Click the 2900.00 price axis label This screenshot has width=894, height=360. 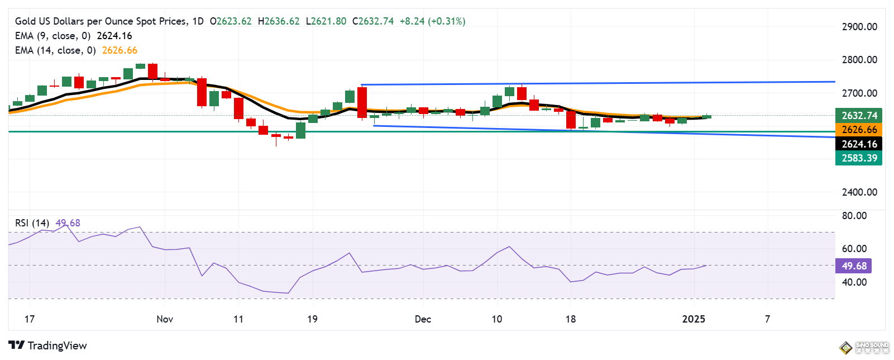coord(859,27)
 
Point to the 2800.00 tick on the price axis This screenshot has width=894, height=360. coord(859,60)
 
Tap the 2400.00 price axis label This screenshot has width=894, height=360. coord(859,192)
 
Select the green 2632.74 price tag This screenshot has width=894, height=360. coord(859,116)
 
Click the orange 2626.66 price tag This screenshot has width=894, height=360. coord(859,130)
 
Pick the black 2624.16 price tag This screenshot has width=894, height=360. coord(859,144)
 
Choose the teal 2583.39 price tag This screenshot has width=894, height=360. coord(859,158)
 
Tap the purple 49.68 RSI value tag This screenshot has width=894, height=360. coord(854,266)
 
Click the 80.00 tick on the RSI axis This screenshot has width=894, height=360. coord(854,216)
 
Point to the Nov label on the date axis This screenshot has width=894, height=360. coord(165,319)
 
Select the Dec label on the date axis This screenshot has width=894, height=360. coord(423,319)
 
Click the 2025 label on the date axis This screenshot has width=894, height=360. coord(694,319)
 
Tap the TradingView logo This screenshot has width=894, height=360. coord(48,345)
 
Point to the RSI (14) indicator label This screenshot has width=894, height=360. coord(32,223)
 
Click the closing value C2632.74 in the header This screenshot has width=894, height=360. coord(372,21)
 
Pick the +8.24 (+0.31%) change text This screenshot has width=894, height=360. coord(432,21)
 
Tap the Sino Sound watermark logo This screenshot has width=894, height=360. coord(864,348)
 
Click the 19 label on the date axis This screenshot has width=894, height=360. coord(312,319)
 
